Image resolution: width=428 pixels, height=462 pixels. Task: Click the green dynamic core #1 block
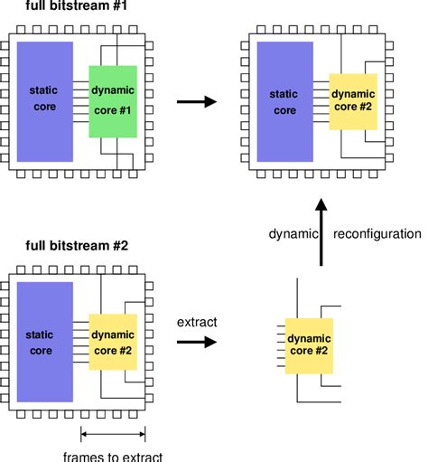(x=113, y=100)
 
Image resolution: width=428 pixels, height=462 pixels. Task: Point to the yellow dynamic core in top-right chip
(x=354, y=101)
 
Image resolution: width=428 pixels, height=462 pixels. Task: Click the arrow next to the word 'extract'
(x=197, y=343)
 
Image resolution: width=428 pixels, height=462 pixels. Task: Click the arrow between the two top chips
(x=197, y=101)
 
